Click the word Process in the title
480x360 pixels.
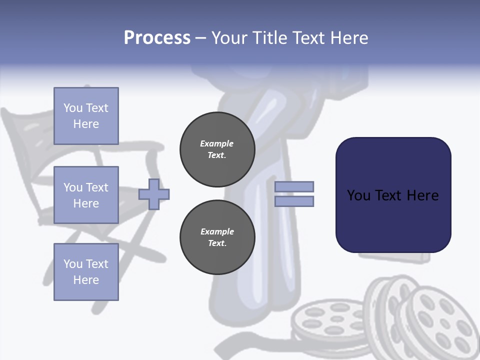coord(157,38)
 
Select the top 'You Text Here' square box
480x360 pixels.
coord(86,116)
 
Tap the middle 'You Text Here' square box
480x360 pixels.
coord(86,195)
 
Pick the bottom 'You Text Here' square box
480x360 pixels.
coord(86,272)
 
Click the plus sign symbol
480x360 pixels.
coord(154,194)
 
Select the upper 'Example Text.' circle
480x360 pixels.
coord(217,149)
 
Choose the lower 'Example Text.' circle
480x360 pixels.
coord(217,237)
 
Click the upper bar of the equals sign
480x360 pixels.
coord(294,186)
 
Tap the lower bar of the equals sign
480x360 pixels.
coord(294,201)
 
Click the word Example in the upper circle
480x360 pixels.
coord(217,143)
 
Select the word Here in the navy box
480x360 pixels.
coord(422,195)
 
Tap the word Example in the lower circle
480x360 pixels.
coord(217,231)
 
